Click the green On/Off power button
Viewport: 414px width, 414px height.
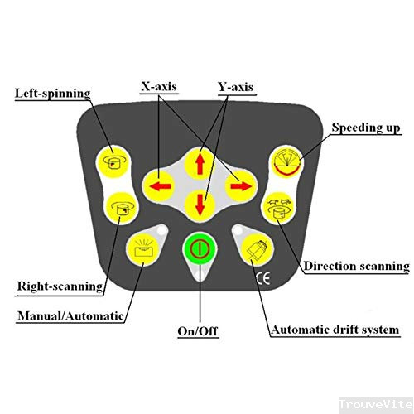pyautogui.click(x=200, y=248)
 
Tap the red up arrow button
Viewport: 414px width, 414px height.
pyautogui.click(x=200, y=163)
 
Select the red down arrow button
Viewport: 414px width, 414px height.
pyautogui.click(x=200, y=205)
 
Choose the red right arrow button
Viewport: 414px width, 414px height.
pyautogui.click(x=241, y=186)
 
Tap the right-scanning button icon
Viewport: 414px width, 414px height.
pyautogui.click(x=122, y=208)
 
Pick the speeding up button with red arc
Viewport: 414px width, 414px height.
pyautogui.click(x=287, y=162)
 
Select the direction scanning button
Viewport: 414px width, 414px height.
pyautogui.click(x=279, y=208)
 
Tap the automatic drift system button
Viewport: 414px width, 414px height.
pyautogui.click(x=257, y=249)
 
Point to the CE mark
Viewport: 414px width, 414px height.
pyautogui.click(x=263, y=278)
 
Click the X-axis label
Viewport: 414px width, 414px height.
pyautogui.click(x=159, y=87)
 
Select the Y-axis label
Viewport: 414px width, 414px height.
pyautogui.click(x=236, y=87)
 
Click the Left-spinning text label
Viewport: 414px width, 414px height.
pyautogui.click(x=52, y=94)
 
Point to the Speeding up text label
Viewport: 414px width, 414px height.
pyautogui.click(x=366, y=128)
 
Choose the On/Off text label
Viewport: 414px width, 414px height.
pyautogui.click(x=198, y=331)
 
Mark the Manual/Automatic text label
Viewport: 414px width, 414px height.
pyautogui.click(x=70, y=315)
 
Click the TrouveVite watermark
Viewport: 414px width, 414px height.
pyautogui.click(x=376, y=404)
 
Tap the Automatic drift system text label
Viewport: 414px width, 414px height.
pyautogui.click(x=335, y=330)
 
